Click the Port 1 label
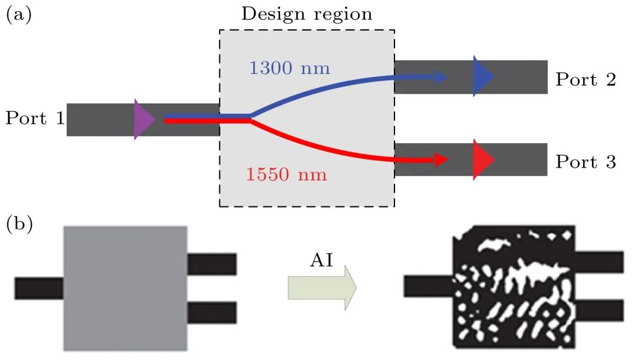pos(35,119)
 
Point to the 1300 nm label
pos(290,69)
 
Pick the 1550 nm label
pos(286,175)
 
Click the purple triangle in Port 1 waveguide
pos(143,120)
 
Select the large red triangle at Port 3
pos(483,159)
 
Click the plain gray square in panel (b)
pos(125,288)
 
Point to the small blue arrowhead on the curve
pos(441,77)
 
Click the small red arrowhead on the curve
pos(441,159)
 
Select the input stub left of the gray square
pos(39,288)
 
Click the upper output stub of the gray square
pos(212,264)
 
